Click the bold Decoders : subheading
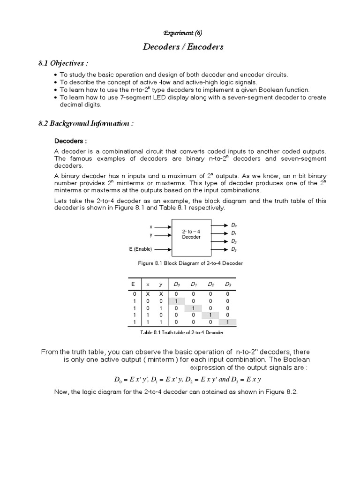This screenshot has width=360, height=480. click(x=71, y=141)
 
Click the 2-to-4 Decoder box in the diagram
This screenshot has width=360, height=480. click(x=191, y=234)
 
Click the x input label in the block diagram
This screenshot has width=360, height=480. click(x=151, y=226)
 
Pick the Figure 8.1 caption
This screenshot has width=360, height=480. click(x=190, y=263)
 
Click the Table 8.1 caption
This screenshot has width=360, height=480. click(x=182, y=332)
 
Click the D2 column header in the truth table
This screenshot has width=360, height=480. click(x=211, y=284)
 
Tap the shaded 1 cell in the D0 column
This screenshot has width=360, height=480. click(x=176, y=301)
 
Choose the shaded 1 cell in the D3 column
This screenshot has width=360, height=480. click(x=227, y=322)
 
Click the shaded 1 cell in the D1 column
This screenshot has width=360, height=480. click(x=194, y=308)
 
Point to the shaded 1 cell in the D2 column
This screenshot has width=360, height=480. click(x=211, y=315)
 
